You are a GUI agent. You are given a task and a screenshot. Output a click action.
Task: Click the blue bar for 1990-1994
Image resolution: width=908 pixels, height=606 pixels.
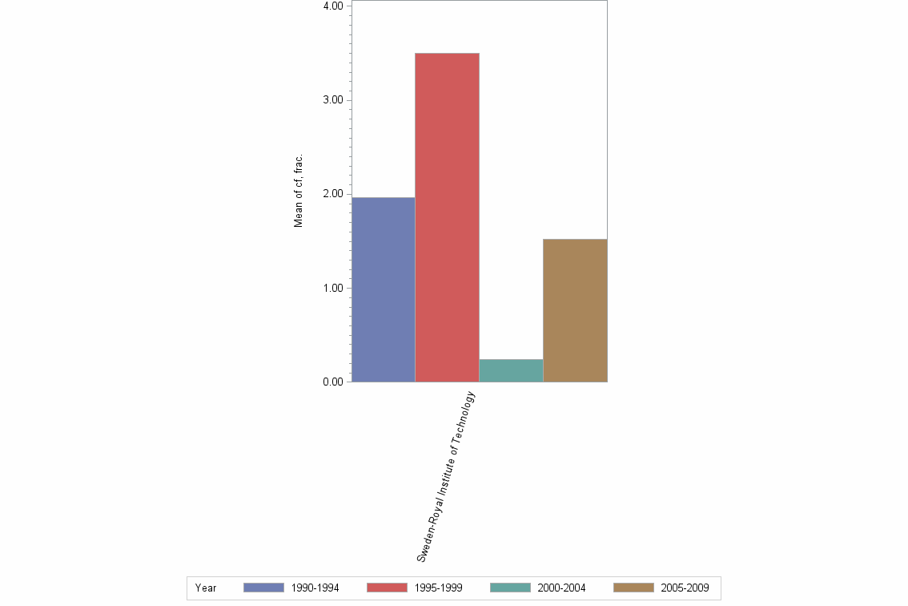(x=384, y=289)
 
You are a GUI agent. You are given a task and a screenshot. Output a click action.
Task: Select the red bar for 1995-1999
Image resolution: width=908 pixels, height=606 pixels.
(x=447, y=217)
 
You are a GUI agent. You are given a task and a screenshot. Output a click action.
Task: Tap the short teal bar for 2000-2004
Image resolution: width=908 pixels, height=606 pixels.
(x=511, y=370)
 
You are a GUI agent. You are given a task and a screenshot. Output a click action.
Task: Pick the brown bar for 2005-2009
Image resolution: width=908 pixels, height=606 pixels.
(x=575, y=310)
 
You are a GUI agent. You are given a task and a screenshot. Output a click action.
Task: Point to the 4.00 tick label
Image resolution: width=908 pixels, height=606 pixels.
(x=333, y=6)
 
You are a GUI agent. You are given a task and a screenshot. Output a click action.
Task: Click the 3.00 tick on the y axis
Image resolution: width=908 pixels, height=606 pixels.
(x=333, y=100)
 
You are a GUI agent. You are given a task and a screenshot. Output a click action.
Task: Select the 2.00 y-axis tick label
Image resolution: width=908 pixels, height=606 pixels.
(x=333, y=194)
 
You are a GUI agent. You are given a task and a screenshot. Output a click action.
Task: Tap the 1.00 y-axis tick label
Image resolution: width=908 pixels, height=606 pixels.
(x=333, y=288)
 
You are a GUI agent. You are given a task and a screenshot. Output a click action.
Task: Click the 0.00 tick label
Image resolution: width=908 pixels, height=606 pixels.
(x=333, y=382)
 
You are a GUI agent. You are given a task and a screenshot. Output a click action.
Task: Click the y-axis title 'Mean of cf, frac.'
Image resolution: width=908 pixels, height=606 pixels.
(x=299, y=190)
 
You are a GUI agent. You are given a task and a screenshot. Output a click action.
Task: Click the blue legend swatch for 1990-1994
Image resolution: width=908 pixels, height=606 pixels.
(x=263, y=588)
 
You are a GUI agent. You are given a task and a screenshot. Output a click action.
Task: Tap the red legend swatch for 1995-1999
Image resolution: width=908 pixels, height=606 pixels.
(x=387, y=588)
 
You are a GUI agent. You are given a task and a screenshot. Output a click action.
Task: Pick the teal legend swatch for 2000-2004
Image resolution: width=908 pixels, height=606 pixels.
(x=510, y=588)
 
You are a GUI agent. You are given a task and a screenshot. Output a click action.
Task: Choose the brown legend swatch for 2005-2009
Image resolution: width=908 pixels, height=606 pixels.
(x=633, y=588)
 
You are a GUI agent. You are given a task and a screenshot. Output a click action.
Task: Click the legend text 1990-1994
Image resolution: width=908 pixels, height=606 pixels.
(x=315, y=588)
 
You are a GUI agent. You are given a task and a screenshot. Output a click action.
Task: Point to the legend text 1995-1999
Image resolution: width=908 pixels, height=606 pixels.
(x=439, y=588)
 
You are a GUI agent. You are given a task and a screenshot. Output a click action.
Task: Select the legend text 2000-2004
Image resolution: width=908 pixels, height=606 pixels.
(x=562, y=588)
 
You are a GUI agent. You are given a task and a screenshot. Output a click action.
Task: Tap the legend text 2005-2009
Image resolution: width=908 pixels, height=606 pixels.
(x=685, y=588)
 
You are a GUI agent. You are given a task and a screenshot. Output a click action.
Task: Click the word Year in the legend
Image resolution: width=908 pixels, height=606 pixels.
(x=206, y=588)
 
